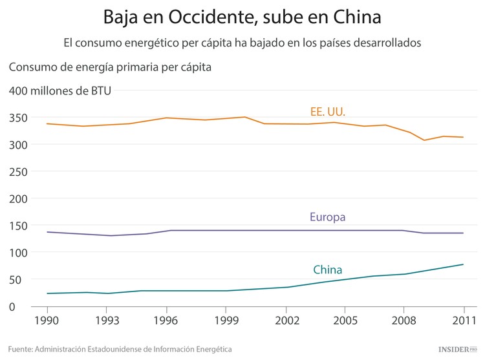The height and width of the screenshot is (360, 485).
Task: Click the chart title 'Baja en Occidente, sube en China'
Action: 242,16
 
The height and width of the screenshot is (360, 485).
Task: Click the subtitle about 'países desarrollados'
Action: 242,43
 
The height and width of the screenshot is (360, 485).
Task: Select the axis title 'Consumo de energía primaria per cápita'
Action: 110,67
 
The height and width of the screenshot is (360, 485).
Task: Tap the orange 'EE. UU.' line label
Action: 328,112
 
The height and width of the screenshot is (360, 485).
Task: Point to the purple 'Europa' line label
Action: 328,217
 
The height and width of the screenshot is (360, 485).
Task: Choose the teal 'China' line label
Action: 327,270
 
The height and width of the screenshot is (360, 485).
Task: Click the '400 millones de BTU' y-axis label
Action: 60,90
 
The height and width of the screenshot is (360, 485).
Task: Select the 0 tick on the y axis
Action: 12,306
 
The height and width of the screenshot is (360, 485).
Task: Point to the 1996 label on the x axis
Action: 166,320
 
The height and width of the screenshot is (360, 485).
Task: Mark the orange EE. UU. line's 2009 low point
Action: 424,140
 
